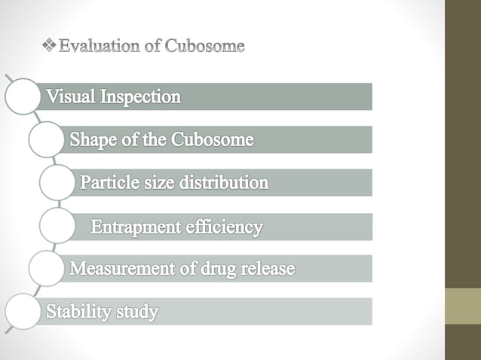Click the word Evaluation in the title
coord(98,47)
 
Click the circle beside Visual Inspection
coord(23,96)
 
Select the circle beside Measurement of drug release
coord(47,269)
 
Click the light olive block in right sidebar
coord(463,306)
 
